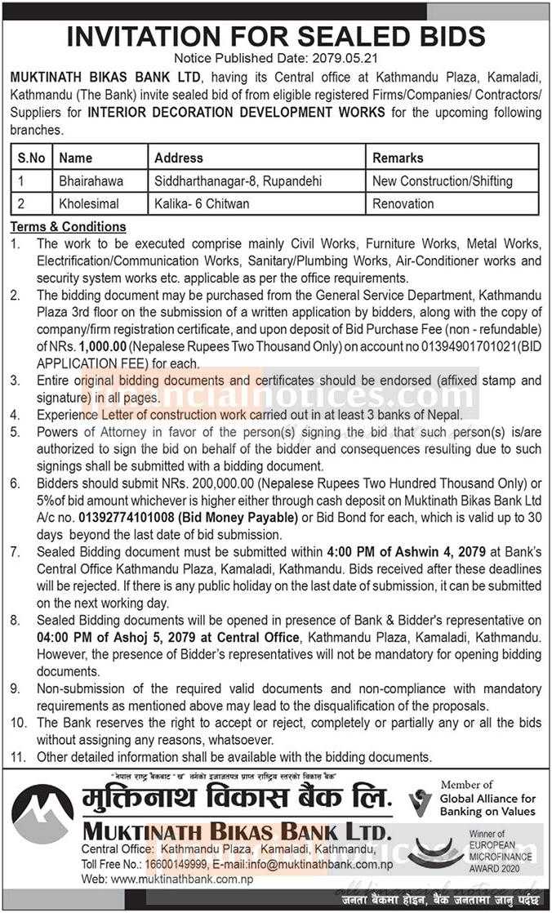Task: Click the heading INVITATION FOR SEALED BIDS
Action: coord(275,37)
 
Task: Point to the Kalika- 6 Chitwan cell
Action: coord(202,203)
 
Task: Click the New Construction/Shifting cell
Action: coord(442,180)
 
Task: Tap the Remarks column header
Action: coord(398,158)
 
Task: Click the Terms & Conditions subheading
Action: coord(68,226)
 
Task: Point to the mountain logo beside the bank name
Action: coord(42,814)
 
